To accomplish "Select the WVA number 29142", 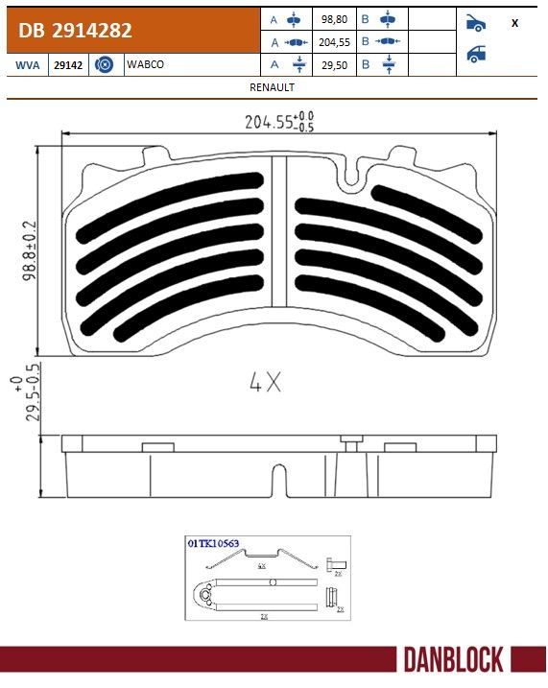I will point(67,64).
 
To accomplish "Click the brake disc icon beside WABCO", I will point(106,64).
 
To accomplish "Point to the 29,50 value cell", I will point(334,64).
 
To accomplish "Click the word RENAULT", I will point(272,86).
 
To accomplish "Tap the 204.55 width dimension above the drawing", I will point(279,123).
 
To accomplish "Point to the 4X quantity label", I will point(265,383).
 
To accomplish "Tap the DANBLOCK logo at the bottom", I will point(453,660).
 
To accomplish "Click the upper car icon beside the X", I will point(475,22).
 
